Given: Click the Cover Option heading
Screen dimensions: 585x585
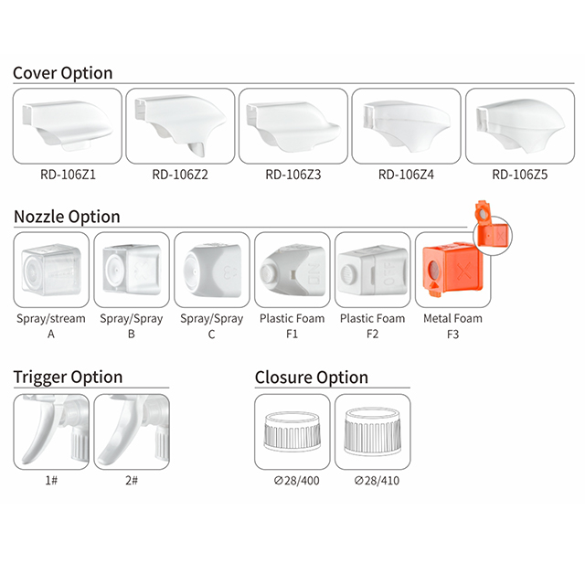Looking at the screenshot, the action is point(63,73).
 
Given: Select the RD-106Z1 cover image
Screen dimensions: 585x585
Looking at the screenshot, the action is point(68,126).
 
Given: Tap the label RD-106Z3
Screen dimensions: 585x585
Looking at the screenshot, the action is point(293,175).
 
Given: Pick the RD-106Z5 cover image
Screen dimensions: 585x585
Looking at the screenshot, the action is point(520,126).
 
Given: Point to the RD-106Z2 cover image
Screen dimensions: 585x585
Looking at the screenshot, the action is point(181,126).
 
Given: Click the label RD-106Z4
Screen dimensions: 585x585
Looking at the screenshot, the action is point(406,175).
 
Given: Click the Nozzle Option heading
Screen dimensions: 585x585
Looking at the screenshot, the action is point(67,217).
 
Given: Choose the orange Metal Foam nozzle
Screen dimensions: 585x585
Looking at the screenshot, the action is point(452,270).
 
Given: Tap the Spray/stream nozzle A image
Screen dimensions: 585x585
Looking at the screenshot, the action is point(51,270).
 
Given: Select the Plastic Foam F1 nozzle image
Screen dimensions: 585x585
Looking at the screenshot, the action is point(292,270).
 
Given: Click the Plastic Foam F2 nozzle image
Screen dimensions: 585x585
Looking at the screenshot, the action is point(372,270).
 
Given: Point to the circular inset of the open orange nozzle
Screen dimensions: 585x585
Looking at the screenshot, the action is point(493,235).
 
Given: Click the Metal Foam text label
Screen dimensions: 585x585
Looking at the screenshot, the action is point(452,318).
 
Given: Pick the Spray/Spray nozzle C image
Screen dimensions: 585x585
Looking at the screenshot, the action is point(211,270).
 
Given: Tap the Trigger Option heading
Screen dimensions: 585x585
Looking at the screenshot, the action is point(68,378).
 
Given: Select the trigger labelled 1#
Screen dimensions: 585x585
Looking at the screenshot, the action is point(51,431).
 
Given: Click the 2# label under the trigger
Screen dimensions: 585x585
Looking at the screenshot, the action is point(132,480).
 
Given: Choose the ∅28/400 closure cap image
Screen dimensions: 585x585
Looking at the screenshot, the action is point(292,431).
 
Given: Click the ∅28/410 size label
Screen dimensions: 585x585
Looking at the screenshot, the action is point(377,481).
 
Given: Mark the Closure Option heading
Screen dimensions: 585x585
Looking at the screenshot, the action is point(312,378).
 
